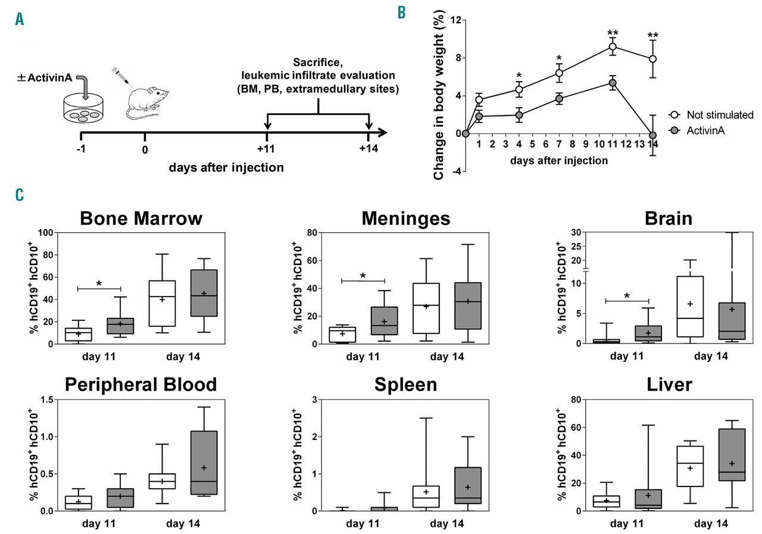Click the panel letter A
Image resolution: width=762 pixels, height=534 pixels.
tap(20, 20)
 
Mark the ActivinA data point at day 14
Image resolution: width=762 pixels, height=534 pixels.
tap(652, 135)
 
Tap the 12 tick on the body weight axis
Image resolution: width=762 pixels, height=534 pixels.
tap(455, 20)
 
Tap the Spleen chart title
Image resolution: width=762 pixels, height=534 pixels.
tap(405, 385)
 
